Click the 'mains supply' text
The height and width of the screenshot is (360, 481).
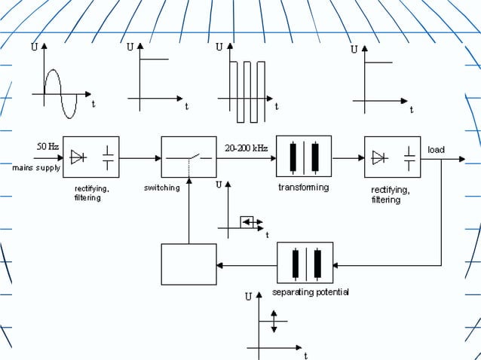click(36, 168)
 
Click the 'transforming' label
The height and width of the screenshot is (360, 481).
click(303, 188)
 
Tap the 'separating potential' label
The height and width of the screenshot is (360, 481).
click(311, 291)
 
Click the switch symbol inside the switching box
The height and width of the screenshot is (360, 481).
click(188, 158)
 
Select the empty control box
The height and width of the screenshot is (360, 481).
click(188, 264)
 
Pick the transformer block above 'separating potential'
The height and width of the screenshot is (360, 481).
click(305, 264)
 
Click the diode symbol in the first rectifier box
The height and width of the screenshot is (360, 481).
click(78, 157)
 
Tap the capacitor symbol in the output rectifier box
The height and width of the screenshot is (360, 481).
click(409, 157)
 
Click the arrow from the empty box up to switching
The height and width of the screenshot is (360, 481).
click(188, 211)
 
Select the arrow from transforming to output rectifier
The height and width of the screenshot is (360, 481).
click(348, 158)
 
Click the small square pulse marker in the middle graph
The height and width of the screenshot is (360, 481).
click(247, 221)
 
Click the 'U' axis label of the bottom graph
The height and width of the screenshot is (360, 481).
click(248, 297)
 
